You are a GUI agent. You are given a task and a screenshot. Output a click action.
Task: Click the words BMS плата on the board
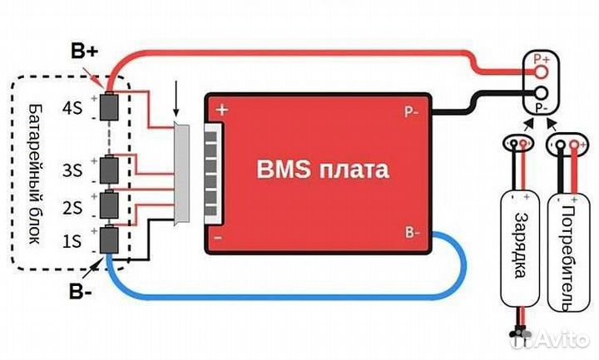(321, 171)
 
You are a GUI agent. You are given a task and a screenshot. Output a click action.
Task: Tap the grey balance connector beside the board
(181, 174)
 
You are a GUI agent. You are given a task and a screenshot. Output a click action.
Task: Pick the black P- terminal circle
(542, 95)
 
